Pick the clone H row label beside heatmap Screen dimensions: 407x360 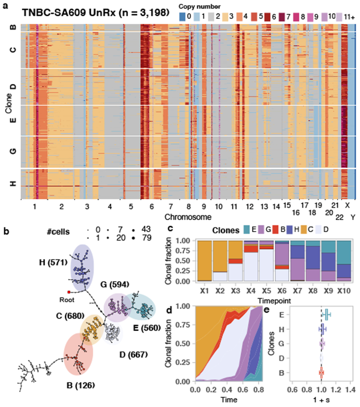[x=13, y=184]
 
